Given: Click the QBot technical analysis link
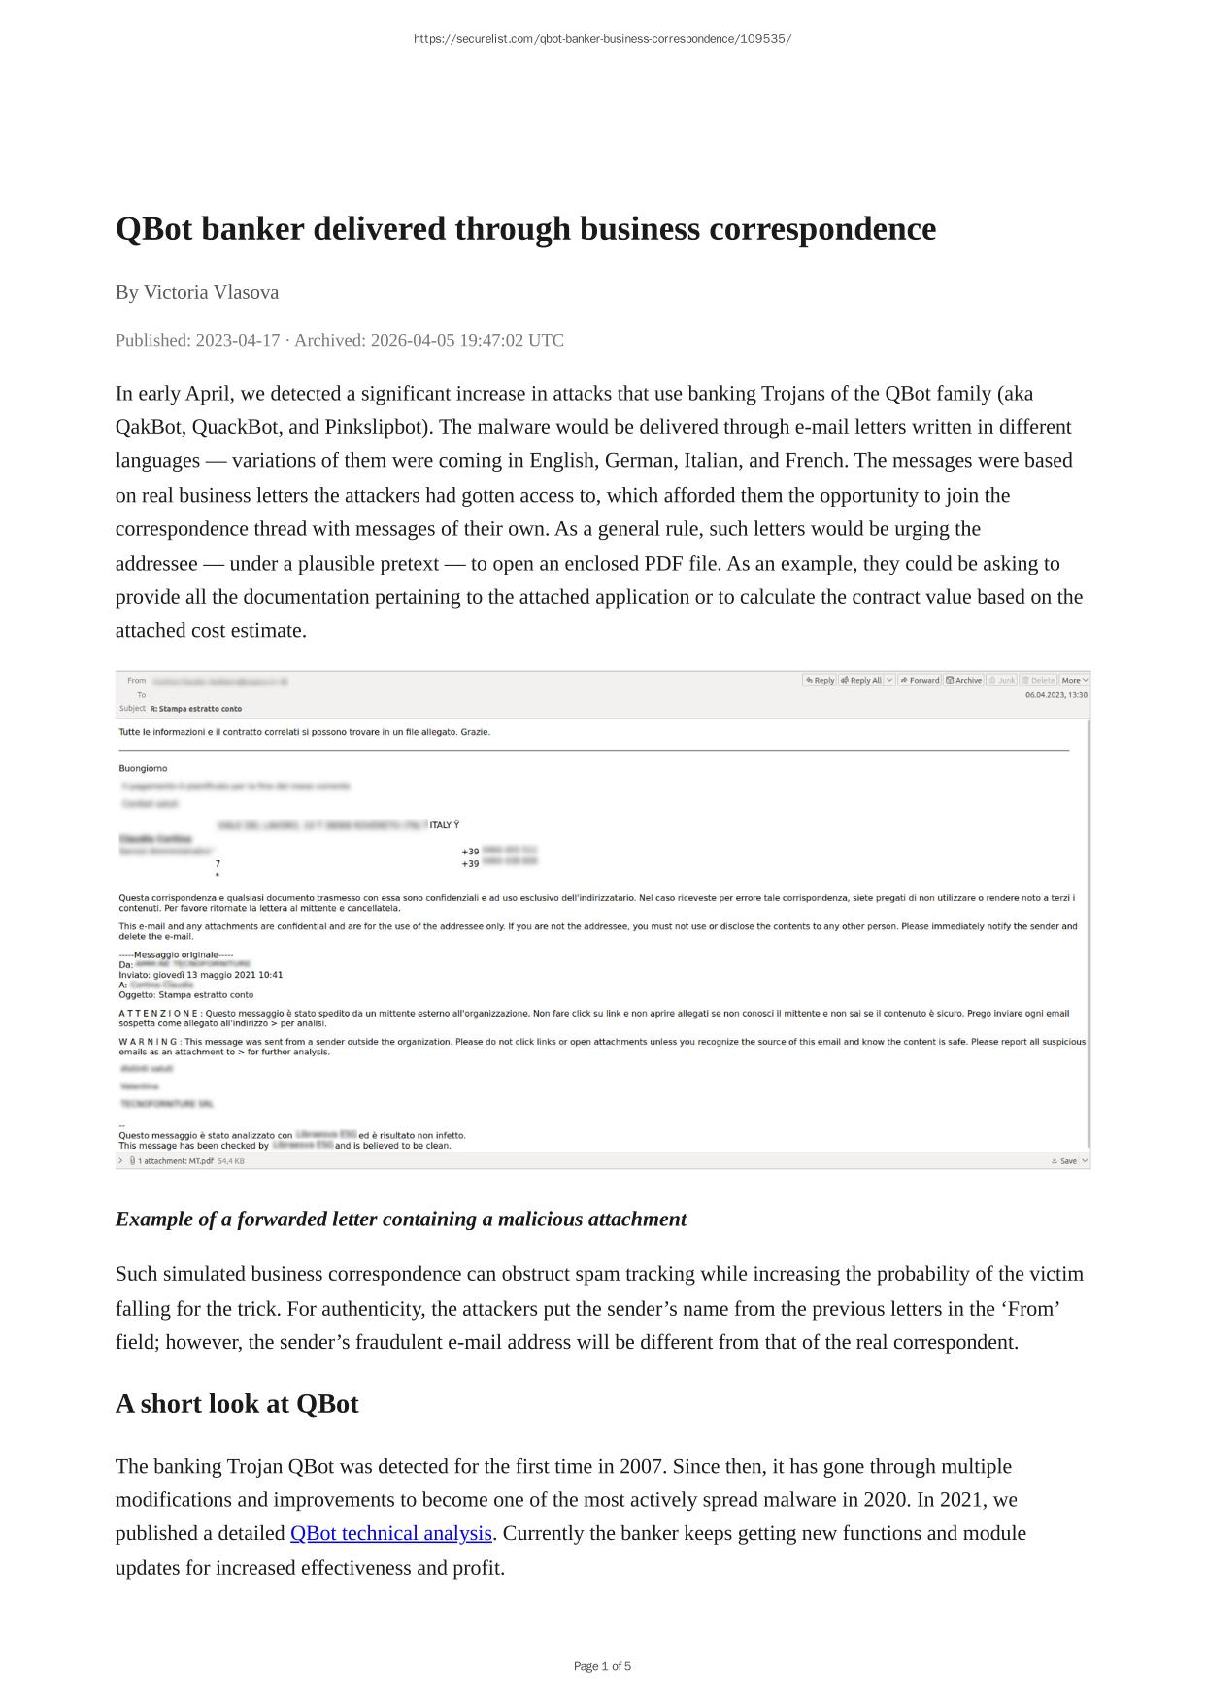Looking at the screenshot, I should [x=390, y=1533].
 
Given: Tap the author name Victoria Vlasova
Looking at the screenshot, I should [x=211, y=292].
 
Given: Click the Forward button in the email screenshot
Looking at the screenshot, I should [x=920, y=680].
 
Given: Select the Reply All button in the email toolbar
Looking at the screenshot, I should [x=860, y=680].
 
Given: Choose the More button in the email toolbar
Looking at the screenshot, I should [x=1074, y=680].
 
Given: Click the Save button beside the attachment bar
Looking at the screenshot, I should [x=1065, y=1160].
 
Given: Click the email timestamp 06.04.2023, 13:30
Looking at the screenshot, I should [x=1055, y=695].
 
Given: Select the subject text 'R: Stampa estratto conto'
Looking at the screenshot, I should [x=196, y=709].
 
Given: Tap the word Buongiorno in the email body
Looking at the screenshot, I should [x=143, y=768].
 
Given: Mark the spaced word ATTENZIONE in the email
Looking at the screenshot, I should [x=159, y=1013].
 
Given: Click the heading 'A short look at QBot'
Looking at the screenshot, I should [x=237, y=1404].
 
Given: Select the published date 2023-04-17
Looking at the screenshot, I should [x=237, y=340].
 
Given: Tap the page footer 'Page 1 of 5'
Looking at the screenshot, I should [x=602, y=1666].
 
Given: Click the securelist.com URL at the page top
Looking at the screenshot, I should [x=602, y=39].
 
